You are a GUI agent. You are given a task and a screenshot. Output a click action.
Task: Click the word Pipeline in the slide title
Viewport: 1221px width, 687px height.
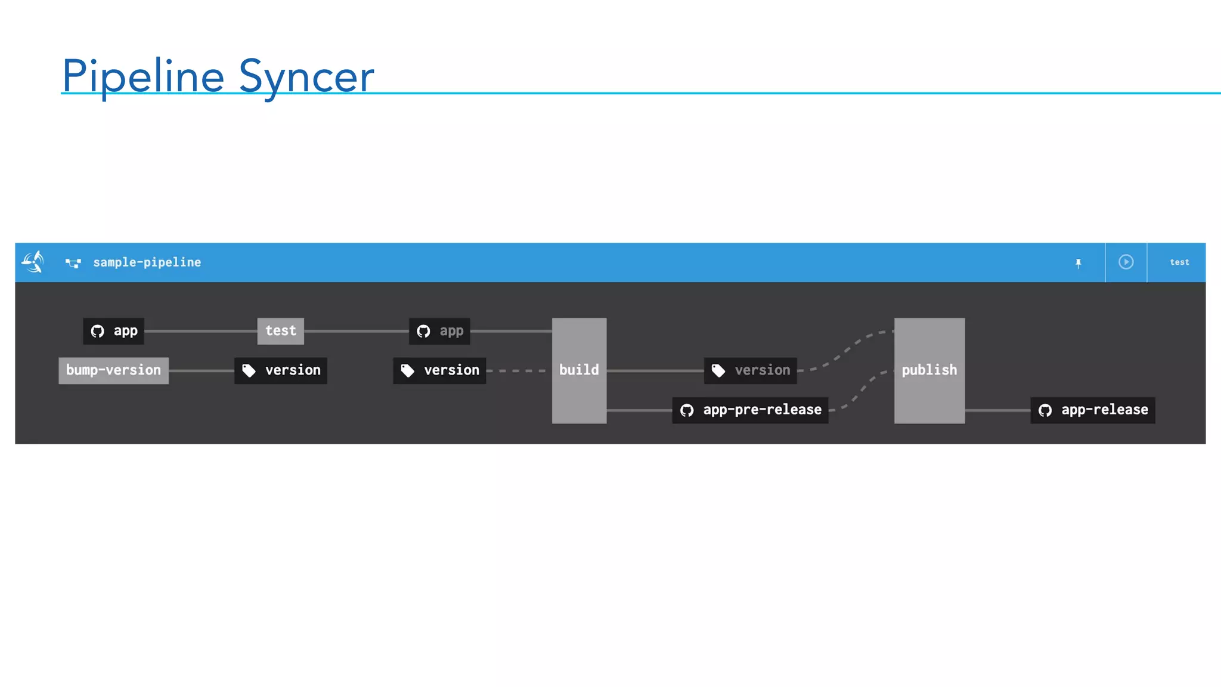(x=143, y=76)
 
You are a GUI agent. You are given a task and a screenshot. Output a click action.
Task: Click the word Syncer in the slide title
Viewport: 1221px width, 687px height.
(x=306, y=76)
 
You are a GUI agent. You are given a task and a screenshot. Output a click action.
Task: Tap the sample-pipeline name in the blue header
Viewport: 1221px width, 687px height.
(x=147, y=262)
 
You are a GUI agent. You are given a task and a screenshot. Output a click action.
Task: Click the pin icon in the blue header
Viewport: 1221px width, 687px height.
(x=1078, y=263)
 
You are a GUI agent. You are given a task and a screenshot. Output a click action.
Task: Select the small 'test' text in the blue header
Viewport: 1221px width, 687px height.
(x=1179, y=262)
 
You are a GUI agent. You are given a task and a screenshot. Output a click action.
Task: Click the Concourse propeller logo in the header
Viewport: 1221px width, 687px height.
(x=33, y=262)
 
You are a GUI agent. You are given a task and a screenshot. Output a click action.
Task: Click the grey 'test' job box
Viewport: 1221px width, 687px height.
(x=280, y=331)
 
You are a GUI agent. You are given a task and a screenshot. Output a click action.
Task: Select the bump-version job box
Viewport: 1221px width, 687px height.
(x=113, y=370)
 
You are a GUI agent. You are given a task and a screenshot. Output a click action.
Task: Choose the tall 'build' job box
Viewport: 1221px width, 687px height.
(x=579, y=370)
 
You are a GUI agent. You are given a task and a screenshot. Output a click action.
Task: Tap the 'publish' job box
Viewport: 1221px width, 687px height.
(x=929, y=370)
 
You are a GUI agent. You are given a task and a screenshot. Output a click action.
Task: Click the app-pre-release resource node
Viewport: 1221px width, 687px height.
(x=750, y=410)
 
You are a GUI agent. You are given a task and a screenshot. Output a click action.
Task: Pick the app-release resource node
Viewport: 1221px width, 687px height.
(x=1092, y=410)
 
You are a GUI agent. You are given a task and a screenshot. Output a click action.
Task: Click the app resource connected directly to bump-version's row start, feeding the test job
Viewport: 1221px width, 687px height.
(x=113, y=331)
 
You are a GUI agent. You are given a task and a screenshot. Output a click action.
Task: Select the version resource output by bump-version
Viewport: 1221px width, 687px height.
(x=280, y=370)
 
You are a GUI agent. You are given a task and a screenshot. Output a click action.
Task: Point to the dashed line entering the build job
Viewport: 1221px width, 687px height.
(x=517, y=370)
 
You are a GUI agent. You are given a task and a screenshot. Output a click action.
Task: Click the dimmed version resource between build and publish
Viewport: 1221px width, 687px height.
(x=750, y=370)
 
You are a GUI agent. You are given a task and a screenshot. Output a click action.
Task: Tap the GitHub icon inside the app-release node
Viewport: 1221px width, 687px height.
(x=1045, y=410)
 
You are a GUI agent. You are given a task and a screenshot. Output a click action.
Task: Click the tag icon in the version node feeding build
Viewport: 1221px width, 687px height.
(x=408, y=371)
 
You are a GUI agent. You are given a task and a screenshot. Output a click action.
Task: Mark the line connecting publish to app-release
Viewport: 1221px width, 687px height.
(x=997, y=410)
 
